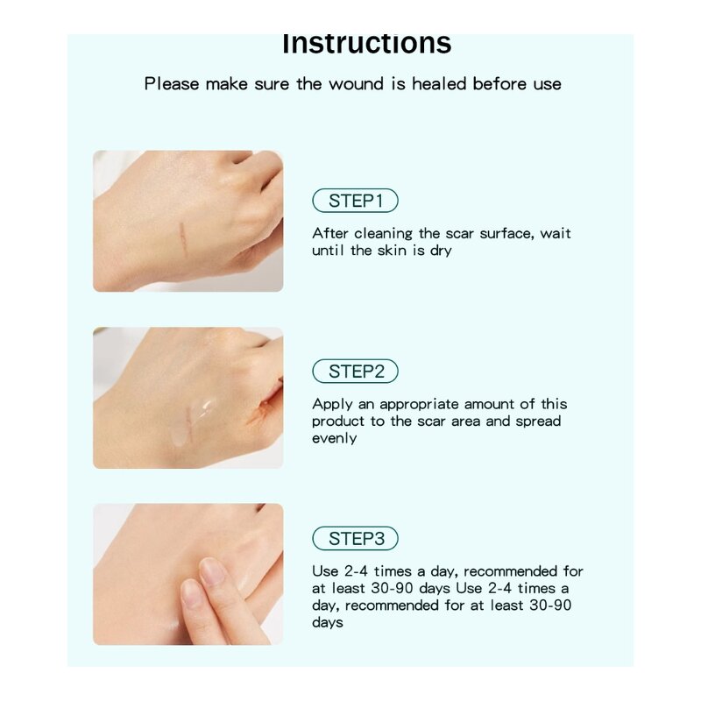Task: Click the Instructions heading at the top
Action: (366, 44)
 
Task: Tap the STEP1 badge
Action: (355, 201)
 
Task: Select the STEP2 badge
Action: (355, 372)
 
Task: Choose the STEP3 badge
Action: (355, 538)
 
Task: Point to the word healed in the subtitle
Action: (440, 84)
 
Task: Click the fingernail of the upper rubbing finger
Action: (211, 570)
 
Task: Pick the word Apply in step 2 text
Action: (329, 404)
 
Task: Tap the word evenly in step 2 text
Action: (334, 438)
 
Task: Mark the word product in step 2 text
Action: (337, 421)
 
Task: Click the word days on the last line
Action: (327, 622)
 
